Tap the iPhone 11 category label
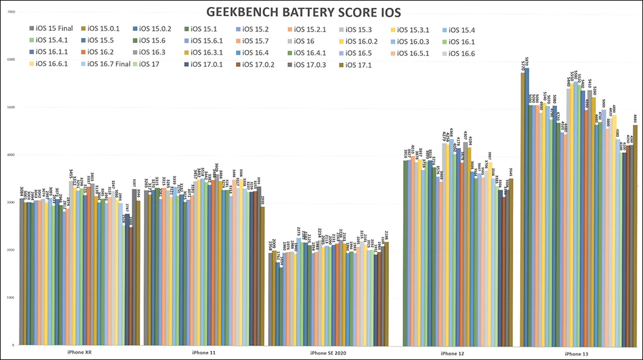click(x=203, y=352)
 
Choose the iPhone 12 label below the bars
click(x=453, y=352)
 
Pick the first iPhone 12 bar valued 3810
click(x=405, y=257)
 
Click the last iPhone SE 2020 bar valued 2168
click(x=386, y=296)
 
